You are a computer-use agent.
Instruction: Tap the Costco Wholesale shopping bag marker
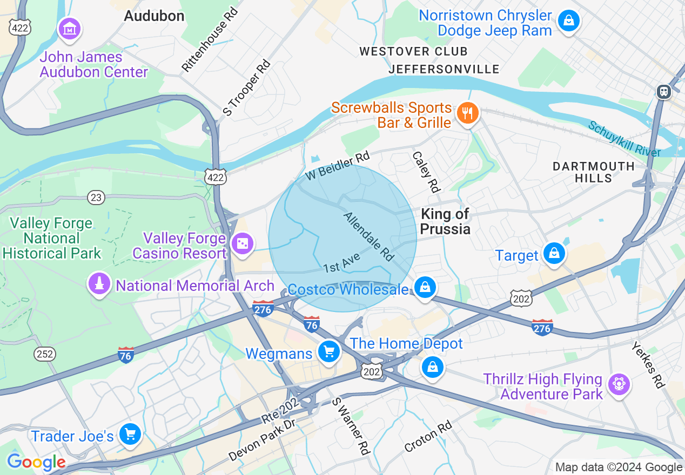pyautogui.click(x=426, y=287)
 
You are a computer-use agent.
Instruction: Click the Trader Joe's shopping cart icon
pyautogui.click(x=130, y=434)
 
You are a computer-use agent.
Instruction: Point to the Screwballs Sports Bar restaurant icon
pyautogui.click(x=466, y=113)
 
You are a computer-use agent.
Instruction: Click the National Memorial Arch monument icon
pyautogui.click(x=98, y=284)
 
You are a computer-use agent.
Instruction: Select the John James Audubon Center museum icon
pyautogui.click(x=70, y=29)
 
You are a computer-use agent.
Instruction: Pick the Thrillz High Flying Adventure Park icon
pyautogui.click(x=619, y=384)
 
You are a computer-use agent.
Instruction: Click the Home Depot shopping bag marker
pyautogui.click(x=432, y=368)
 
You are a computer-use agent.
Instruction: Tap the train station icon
pyautogui.click(x=663, y=92)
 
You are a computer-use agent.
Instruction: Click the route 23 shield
pyautogui.click(x=96, y=198)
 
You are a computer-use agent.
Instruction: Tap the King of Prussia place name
pyautogui.click(x=445, y=221)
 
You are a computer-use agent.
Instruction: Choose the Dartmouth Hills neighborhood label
pyautogui.click(x=594, y=172)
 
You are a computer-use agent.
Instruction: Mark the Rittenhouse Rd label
pyautogui.click(x=210, y=40)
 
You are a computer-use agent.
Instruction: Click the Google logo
pyautogui.click(x=36, y=463)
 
